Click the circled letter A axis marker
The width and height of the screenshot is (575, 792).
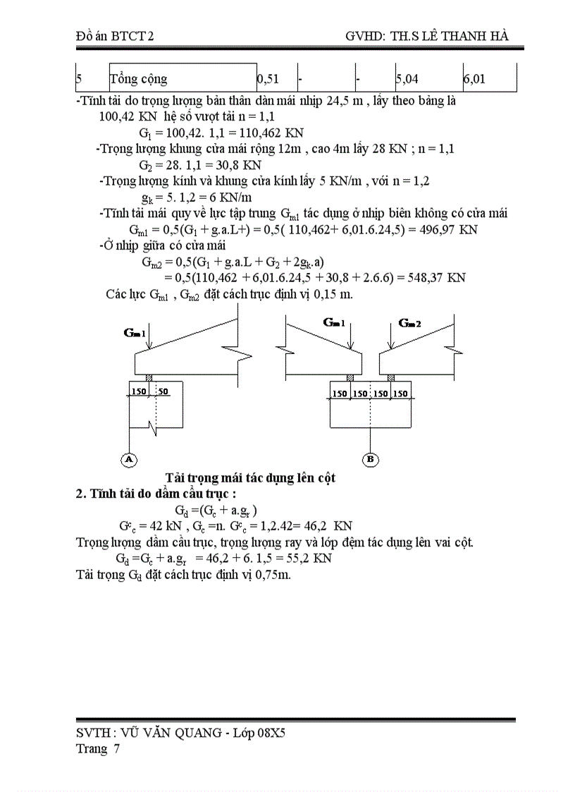[x=129, y=459]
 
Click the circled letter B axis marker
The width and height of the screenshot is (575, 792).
[x=371, y=459]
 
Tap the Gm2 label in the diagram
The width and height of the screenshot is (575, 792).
[x=409, y=323]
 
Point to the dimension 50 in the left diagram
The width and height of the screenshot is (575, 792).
[x=163, y=390]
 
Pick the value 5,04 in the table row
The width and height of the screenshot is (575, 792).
[x=409, y=80]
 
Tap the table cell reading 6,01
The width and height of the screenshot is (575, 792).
[x=474, y=80]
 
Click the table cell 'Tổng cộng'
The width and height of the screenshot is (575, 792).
[x=140, y=80]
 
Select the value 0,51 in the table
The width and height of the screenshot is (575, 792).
[x=268, y=80]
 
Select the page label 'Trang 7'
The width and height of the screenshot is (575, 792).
[x=98, y=749]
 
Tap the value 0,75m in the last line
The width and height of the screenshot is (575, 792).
[x=273, y=574]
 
